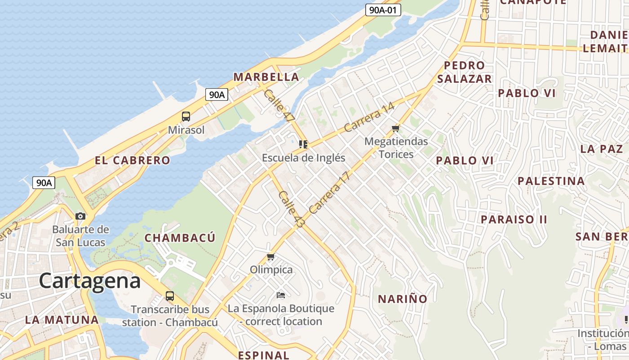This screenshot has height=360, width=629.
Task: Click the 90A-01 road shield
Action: pyautogui.click(x=383, y=10)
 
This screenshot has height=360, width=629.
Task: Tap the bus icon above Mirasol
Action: pyautogui.click(x=186, y=117)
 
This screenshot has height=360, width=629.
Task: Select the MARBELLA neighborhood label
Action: pyautogui.click(x=266, y=77)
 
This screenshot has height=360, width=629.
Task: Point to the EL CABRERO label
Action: pyautogui.click(x=133, y=160)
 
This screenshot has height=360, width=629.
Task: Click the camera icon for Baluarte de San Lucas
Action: pyautogui.click(x=80, y=216)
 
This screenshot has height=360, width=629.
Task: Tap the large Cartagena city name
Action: pyautogui.click(x=90, y=281)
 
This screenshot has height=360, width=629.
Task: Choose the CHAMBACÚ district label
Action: pyautogui.click(x=180, y=238)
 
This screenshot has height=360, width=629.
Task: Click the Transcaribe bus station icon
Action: pyautogui.click(x=169, y=296)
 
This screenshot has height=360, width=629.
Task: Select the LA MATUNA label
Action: pyautogui.click(x=62, y=320)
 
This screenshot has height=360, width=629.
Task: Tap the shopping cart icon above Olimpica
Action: pyautogui.click(x=270, y=257)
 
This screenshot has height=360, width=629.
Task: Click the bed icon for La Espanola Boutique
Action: pyautogui.click(x=281, y=295)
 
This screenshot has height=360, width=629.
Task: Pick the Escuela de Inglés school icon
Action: pyautogui.click(x=303, y=144)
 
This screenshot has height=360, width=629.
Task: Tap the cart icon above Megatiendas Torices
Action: pyautogui.click(x=396, y=129)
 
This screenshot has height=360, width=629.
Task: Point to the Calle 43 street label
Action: pyautogui.click(x=291, y=208)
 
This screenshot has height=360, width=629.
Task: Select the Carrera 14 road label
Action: pyautogui.click(x=369, y=117)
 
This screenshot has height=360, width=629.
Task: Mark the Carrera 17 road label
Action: pyautogui.click(x=329, y=193)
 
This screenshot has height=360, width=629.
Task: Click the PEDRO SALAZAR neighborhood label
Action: pyautogui.click(x=465, y=72)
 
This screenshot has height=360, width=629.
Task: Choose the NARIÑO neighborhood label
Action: pyautogui.click(x=402, y=299)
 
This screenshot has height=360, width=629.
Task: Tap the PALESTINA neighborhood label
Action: pyautogui.click(x=551, y=181)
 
